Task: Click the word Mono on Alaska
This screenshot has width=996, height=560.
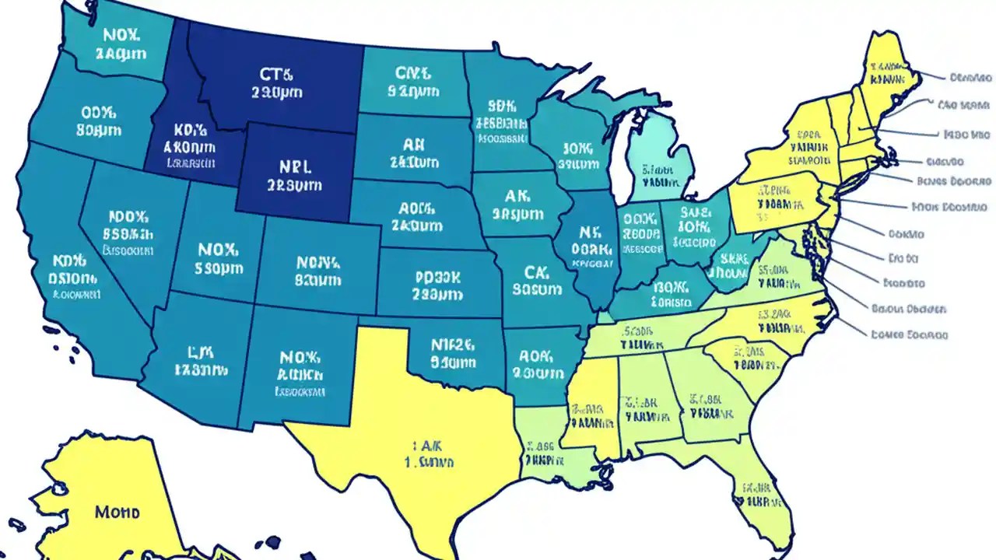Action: click(117, 513)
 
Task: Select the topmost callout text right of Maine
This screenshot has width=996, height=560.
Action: click(970, 78)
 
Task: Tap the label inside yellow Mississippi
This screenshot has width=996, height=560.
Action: click(586, 416)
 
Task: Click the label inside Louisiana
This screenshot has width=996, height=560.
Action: click(539, 454)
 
